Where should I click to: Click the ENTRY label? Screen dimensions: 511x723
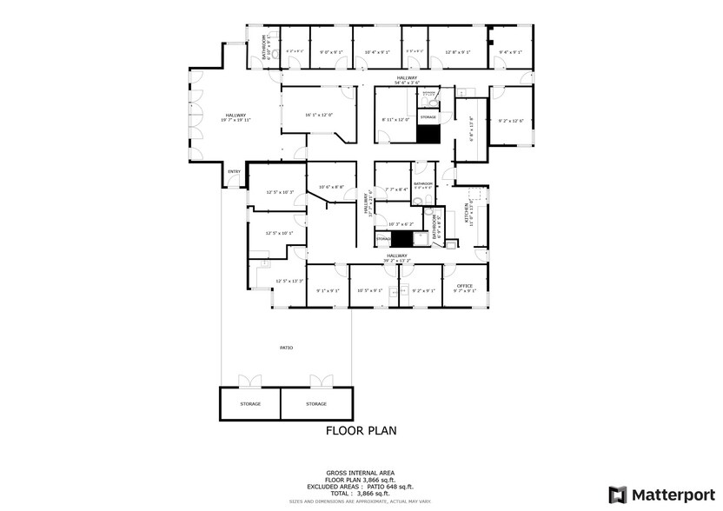pyautogui.click(x=234, y=171)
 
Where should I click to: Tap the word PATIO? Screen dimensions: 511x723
pyautogui.click(x=286, y=348)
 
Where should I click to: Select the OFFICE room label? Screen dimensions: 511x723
pyautogui.click(x=465, y=286)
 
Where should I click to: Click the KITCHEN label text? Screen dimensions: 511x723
pyautogui.click(x=467, y=213)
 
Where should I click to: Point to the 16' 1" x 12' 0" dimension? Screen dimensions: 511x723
pyautogui.click(x=318, y=115)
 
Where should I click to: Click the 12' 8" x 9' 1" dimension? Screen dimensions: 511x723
pyautogui.click(x=457, y=53)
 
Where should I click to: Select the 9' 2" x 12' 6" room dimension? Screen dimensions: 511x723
pyautogui.click(x=510, y=121)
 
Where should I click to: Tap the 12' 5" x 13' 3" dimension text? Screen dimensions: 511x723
pyautogui.click(x=289, y=281)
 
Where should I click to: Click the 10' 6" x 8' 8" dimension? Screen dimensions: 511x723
pyautogui.click(x=331, y=187)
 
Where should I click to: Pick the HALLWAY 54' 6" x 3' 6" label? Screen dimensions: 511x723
pyautogui.click(x=408, y=80)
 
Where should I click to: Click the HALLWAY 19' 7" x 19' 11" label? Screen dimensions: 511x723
pyautogui.click(x=236, y=118)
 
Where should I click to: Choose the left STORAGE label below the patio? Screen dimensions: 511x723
pyautogui.click(x=250, y=404)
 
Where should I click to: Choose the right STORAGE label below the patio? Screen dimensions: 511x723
pyautogui.click(x=316, y=404)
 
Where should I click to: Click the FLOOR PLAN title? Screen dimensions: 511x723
pyautogui.click(x=361, y=430)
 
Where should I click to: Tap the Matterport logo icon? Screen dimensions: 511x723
pyautogui.click(x=618, y=494)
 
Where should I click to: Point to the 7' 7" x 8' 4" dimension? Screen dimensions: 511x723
pyautogui.click(x=396, y=189)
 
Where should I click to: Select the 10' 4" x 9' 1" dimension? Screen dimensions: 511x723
pyautogui.click(x=377, y=53)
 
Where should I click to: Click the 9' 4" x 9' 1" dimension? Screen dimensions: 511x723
pyautogui.click(x=510, y=53)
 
